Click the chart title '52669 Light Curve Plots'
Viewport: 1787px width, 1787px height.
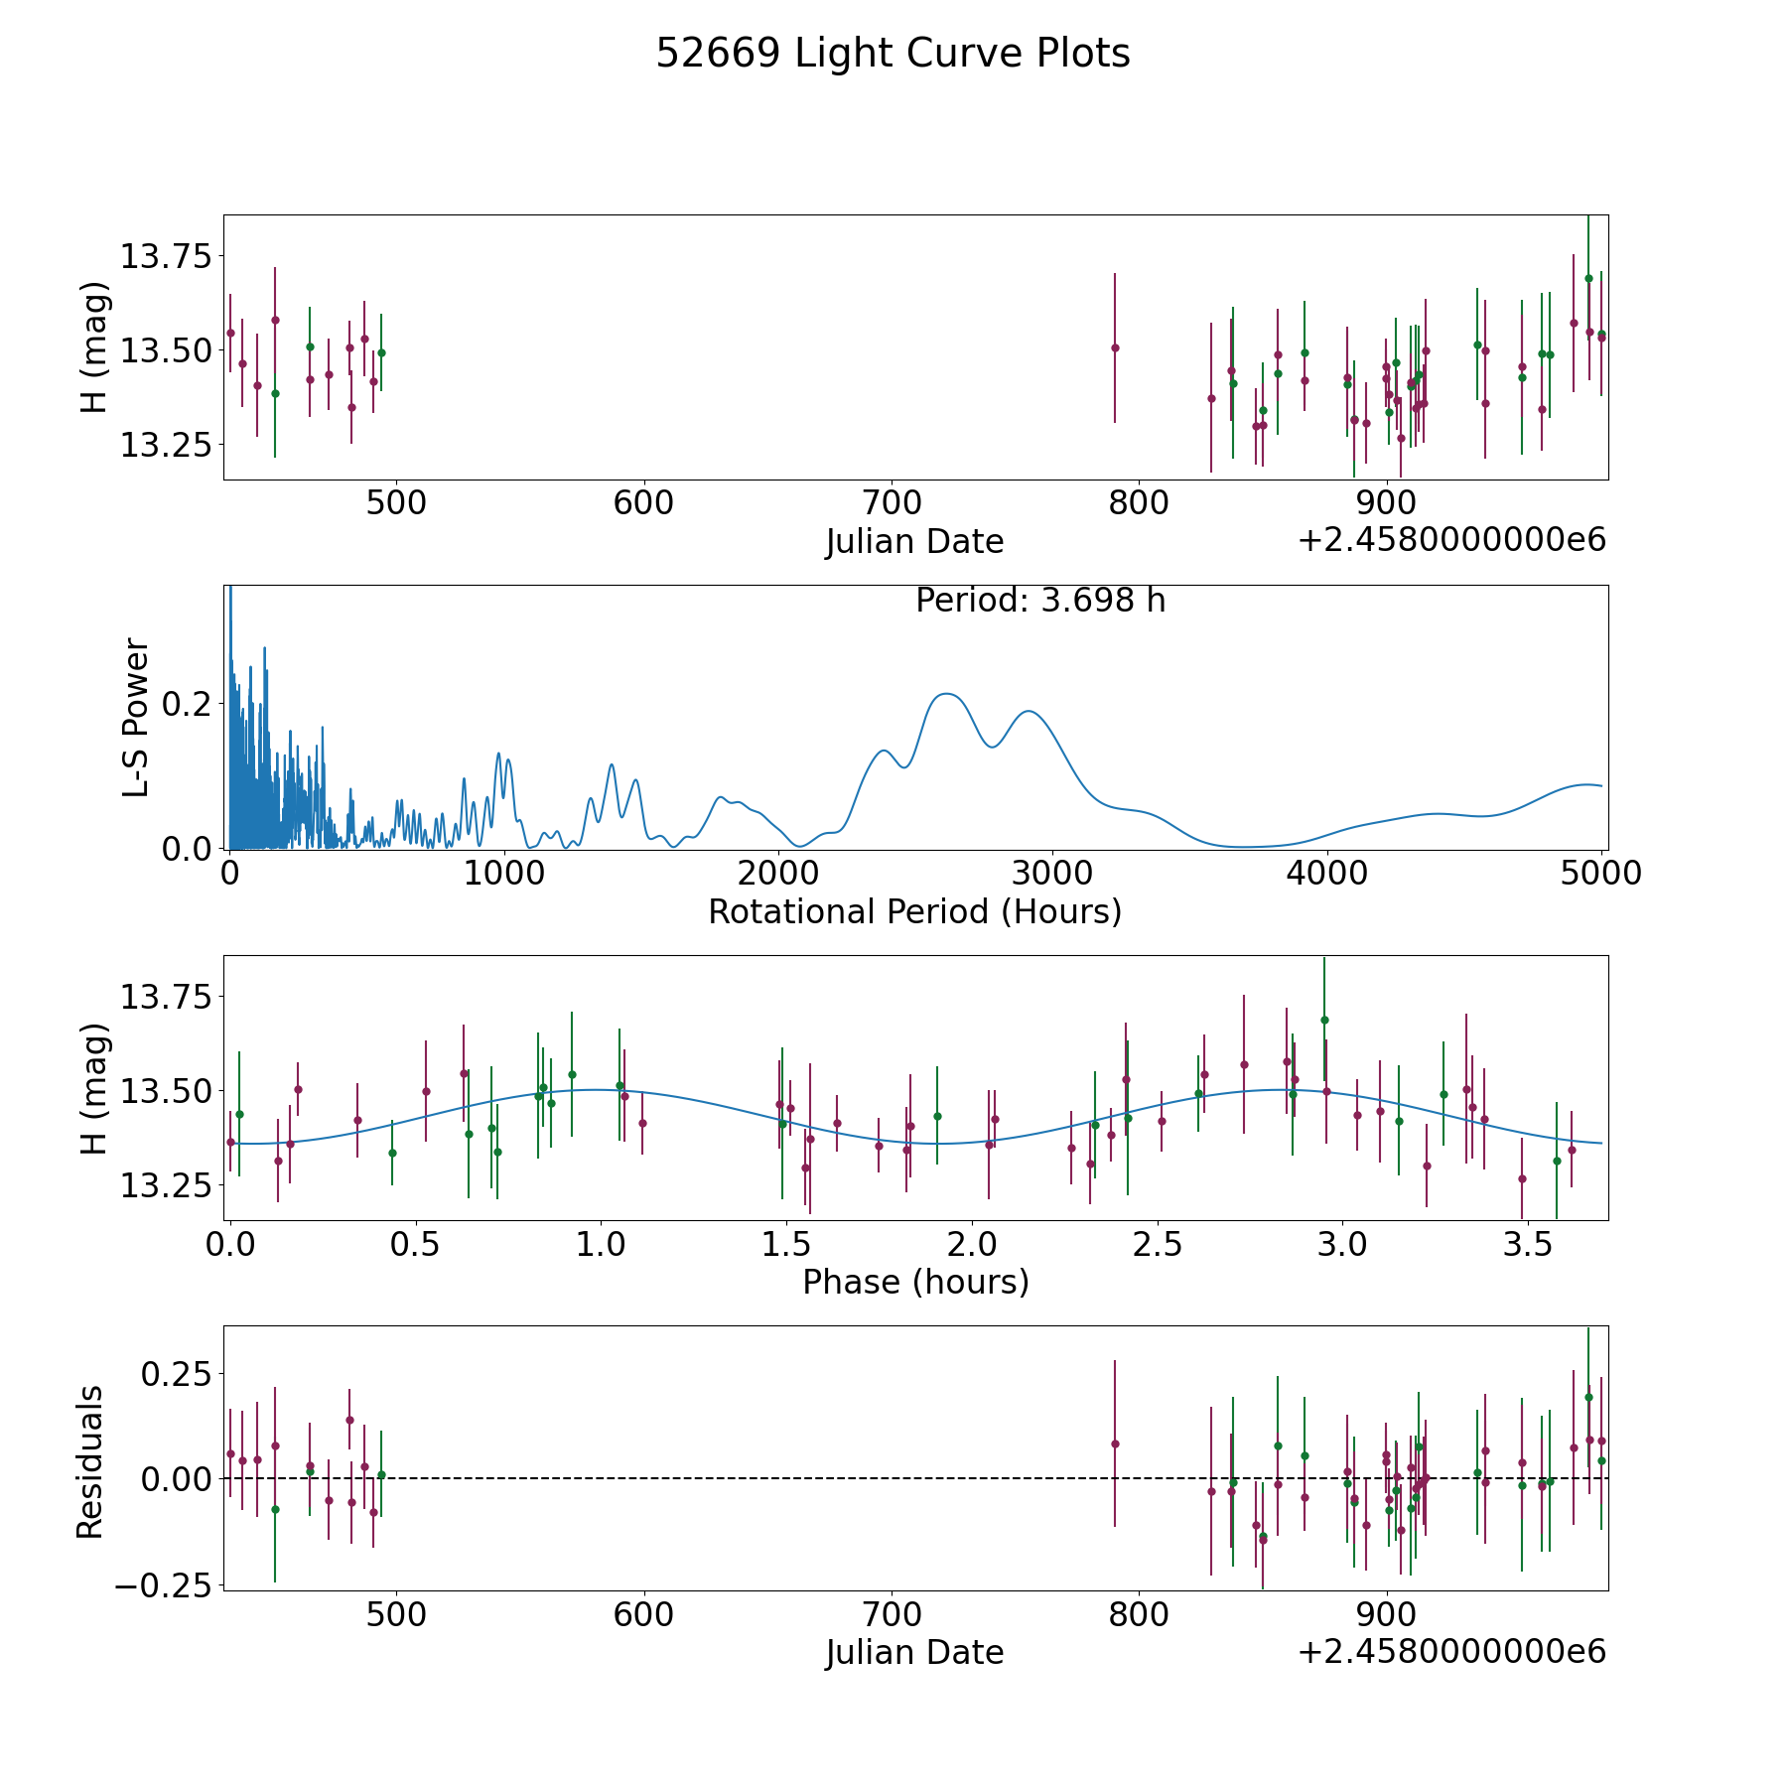893,54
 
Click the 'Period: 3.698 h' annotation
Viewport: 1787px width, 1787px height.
1040,601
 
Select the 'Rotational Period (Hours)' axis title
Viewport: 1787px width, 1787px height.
914,911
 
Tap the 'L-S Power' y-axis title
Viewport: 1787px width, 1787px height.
136,717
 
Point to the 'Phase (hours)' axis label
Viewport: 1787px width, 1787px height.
915,1282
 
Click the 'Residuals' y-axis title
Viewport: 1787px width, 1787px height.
90,1462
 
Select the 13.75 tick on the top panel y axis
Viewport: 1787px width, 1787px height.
166,256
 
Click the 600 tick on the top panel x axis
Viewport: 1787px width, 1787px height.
643,503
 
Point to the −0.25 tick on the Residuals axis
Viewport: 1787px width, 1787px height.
163,1586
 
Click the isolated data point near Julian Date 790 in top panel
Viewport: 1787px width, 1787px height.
1115,347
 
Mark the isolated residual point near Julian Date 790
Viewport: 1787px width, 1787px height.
1115,1443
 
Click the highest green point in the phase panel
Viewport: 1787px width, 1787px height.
1324,1020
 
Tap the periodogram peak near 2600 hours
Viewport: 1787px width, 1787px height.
946,693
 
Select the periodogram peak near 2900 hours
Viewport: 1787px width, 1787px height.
1029,711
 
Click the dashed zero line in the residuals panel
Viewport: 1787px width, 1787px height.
915,1478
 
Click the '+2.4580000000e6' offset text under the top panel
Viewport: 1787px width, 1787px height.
1451,541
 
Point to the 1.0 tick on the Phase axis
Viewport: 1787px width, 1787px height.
601,1244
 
